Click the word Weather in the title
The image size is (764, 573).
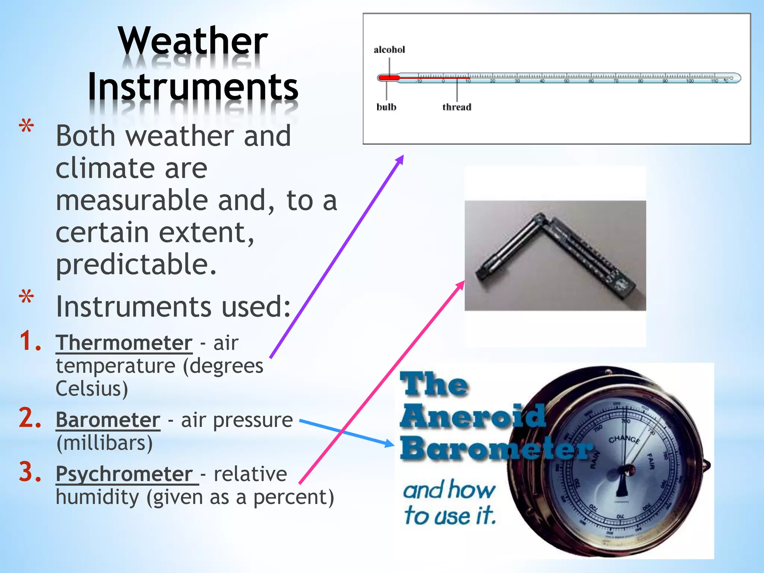(193, 41)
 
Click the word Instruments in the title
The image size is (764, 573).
(193, 87)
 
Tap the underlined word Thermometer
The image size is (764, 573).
(124, 343)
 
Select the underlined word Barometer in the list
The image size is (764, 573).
(108, 420)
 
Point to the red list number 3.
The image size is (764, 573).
(30, 472)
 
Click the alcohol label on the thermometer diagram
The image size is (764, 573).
(389, 50)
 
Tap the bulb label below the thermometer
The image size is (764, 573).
(386, 107)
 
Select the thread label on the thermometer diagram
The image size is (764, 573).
(457, 107)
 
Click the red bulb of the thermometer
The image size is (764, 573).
(388, 78)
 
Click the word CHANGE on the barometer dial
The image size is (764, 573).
(624, 439)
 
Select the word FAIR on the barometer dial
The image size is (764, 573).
(650, 461)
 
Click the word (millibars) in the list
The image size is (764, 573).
(104, 443)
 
